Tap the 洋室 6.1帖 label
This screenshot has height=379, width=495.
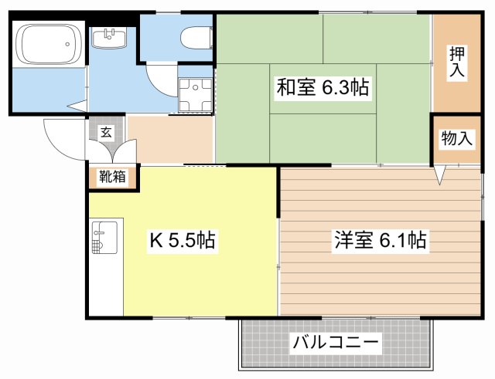point(380,240)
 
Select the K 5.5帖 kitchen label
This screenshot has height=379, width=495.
point(182,242)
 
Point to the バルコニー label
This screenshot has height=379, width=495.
point(335,342)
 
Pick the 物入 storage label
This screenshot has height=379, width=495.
point(456,139)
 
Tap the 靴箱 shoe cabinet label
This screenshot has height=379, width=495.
point(112,177)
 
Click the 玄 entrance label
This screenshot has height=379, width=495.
point(106,131)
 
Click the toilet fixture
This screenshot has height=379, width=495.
point(196,36)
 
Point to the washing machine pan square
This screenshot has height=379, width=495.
point(195,96)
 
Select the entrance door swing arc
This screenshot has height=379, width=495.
point(62,139)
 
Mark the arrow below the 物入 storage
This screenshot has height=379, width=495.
point(439,177)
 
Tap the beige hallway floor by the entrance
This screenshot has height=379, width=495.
point(170,139)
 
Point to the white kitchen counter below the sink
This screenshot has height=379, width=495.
point(106,286)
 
